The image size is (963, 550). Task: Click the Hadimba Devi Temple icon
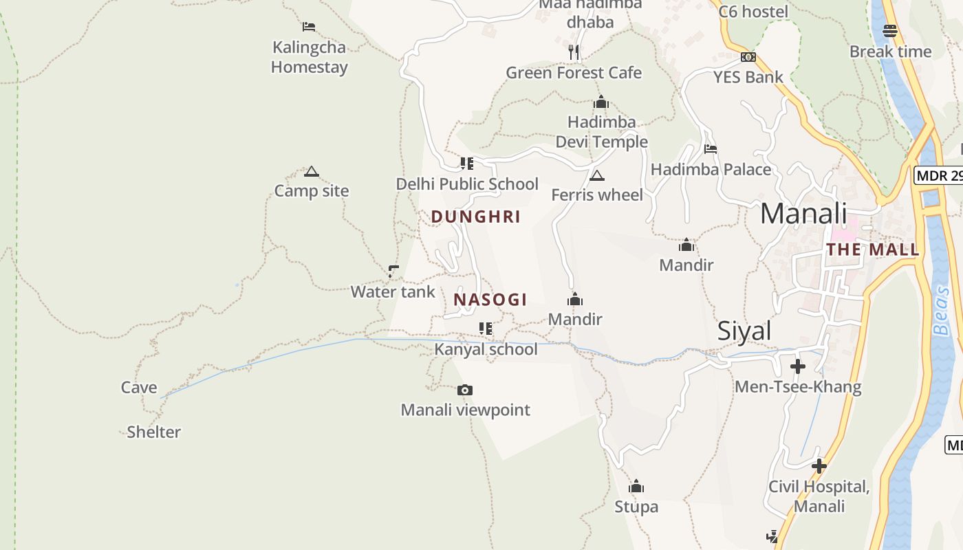(601, 102)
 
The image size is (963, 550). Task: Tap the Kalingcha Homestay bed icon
(309, 27)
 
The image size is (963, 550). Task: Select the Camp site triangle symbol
(312, 171)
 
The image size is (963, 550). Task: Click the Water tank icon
(393, 272)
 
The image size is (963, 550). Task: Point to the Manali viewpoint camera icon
(465, 390)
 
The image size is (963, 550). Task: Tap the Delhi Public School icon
(467, 164)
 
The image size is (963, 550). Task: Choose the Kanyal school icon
(486, 329)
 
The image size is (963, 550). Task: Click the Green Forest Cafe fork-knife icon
(574, 52)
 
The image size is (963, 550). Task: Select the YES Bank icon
(748, 57)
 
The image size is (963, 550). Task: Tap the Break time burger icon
(890, 31)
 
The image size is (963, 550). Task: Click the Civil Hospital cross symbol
(819, 466)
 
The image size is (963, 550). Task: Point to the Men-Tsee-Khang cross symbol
(798, 366)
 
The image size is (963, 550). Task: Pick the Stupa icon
(636, 487)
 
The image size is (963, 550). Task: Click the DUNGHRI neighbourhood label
(476, 217)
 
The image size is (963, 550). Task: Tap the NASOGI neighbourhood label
(490, 300)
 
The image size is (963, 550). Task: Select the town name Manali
(803, 213)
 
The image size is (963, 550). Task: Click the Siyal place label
(744, 331)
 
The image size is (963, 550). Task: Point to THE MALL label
(873, 250)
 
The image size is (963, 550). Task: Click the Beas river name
(942, 311)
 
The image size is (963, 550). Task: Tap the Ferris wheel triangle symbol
(597, 175)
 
